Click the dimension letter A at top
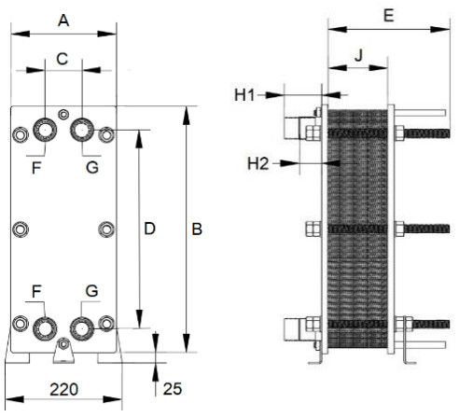63,21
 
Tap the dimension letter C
63,59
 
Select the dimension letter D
149,229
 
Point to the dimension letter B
197,229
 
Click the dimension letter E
389,16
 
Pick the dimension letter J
359,56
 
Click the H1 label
244,95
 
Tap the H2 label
257,163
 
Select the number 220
64,389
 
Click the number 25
173,389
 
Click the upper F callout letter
36,168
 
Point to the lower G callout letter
92,291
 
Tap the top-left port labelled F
45,130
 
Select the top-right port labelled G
82,130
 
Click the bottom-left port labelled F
45,328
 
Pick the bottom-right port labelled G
82,328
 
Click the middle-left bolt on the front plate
21,229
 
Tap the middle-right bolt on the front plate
106,229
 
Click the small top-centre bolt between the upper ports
63,115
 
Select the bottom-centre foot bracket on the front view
63,351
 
